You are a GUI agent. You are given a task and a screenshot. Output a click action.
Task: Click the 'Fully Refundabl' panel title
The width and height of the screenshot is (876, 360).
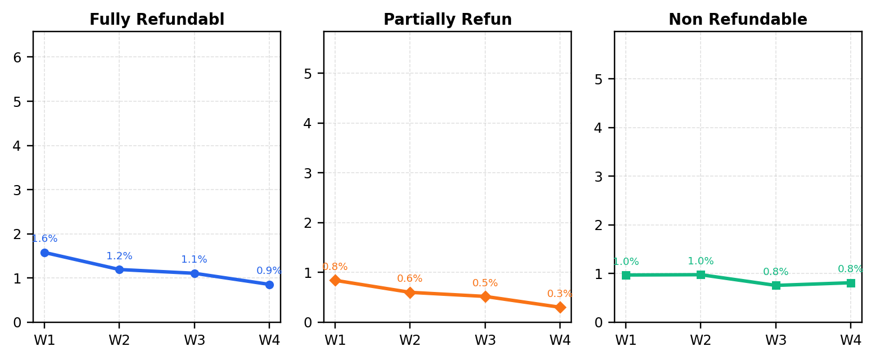[x=157, y=19]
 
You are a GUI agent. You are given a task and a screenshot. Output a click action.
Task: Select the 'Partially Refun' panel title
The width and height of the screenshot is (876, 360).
[x=448, y=19]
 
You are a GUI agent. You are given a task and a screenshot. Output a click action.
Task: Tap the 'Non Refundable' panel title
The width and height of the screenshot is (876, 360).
[x=738, y=19]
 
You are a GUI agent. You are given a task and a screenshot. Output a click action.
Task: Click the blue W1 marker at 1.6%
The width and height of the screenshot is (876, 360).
[x=44, y=253]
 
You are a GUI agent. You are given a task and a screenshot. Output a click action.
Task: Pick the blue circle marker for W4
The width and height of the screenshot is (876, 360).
[x=269, y=285]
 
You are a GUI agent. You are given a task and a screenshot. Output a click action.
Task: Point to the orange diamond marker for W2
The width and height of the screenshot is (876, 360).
[x=410, y=292]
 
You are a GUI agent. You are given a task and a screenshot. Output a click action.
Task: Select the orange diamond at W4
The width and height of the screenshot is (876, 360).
[x=560, y=308]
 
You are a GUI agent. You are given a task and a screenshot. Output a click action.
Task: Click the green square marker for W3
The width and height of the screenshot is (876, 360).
[x=776, y=285]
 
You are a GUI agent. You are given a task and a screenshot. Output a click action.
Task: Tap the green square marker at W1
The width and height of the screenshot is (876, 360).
[x=626, y=275]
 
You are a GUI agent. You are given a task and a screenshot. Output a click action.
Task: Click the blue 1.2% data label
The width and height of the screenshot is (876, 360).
[x=119, y=256]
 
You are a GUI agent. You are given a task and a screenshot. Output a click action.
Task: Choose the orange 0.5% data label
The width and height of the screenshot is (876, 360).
[x=485, y=283]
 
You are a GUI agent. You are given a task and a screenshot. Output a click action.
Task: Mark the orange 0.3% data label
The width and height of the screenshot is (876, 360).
[x=559, y=294]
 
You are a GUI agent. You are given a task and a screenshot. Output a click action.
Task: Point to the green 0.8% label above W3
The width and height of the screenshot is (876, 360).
[x=775, y=272]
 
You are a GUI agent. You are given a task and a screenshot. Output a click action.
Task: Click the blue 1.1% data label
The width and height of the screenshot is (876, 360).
[x=194, y=259]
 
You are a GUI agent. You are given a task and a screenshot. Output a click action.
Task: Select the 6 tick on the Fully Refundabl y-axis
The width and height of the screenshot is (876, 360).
[x=17, y=58]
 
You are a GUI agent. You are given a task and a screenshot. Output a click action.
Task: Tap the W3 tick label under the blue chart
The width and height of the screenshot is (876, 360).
[x=195, y=340]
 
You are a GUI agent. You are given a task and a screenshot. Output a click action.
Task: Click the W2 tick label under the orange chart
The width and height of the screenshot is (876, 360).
[x=410, y=340]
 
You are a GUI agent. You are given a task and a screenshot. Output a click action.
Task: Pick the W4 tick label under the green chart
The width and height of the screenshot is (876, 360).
[x=851, y=340]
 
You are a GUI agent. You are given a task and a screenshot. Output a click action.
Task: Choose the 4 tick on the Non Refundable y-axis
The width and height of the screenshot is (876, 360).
[x=599, y=128]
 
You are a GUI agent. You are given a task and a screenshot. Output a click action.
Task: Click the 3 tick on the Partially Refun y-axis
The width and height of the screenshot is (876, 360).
[x=308, y=173]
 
